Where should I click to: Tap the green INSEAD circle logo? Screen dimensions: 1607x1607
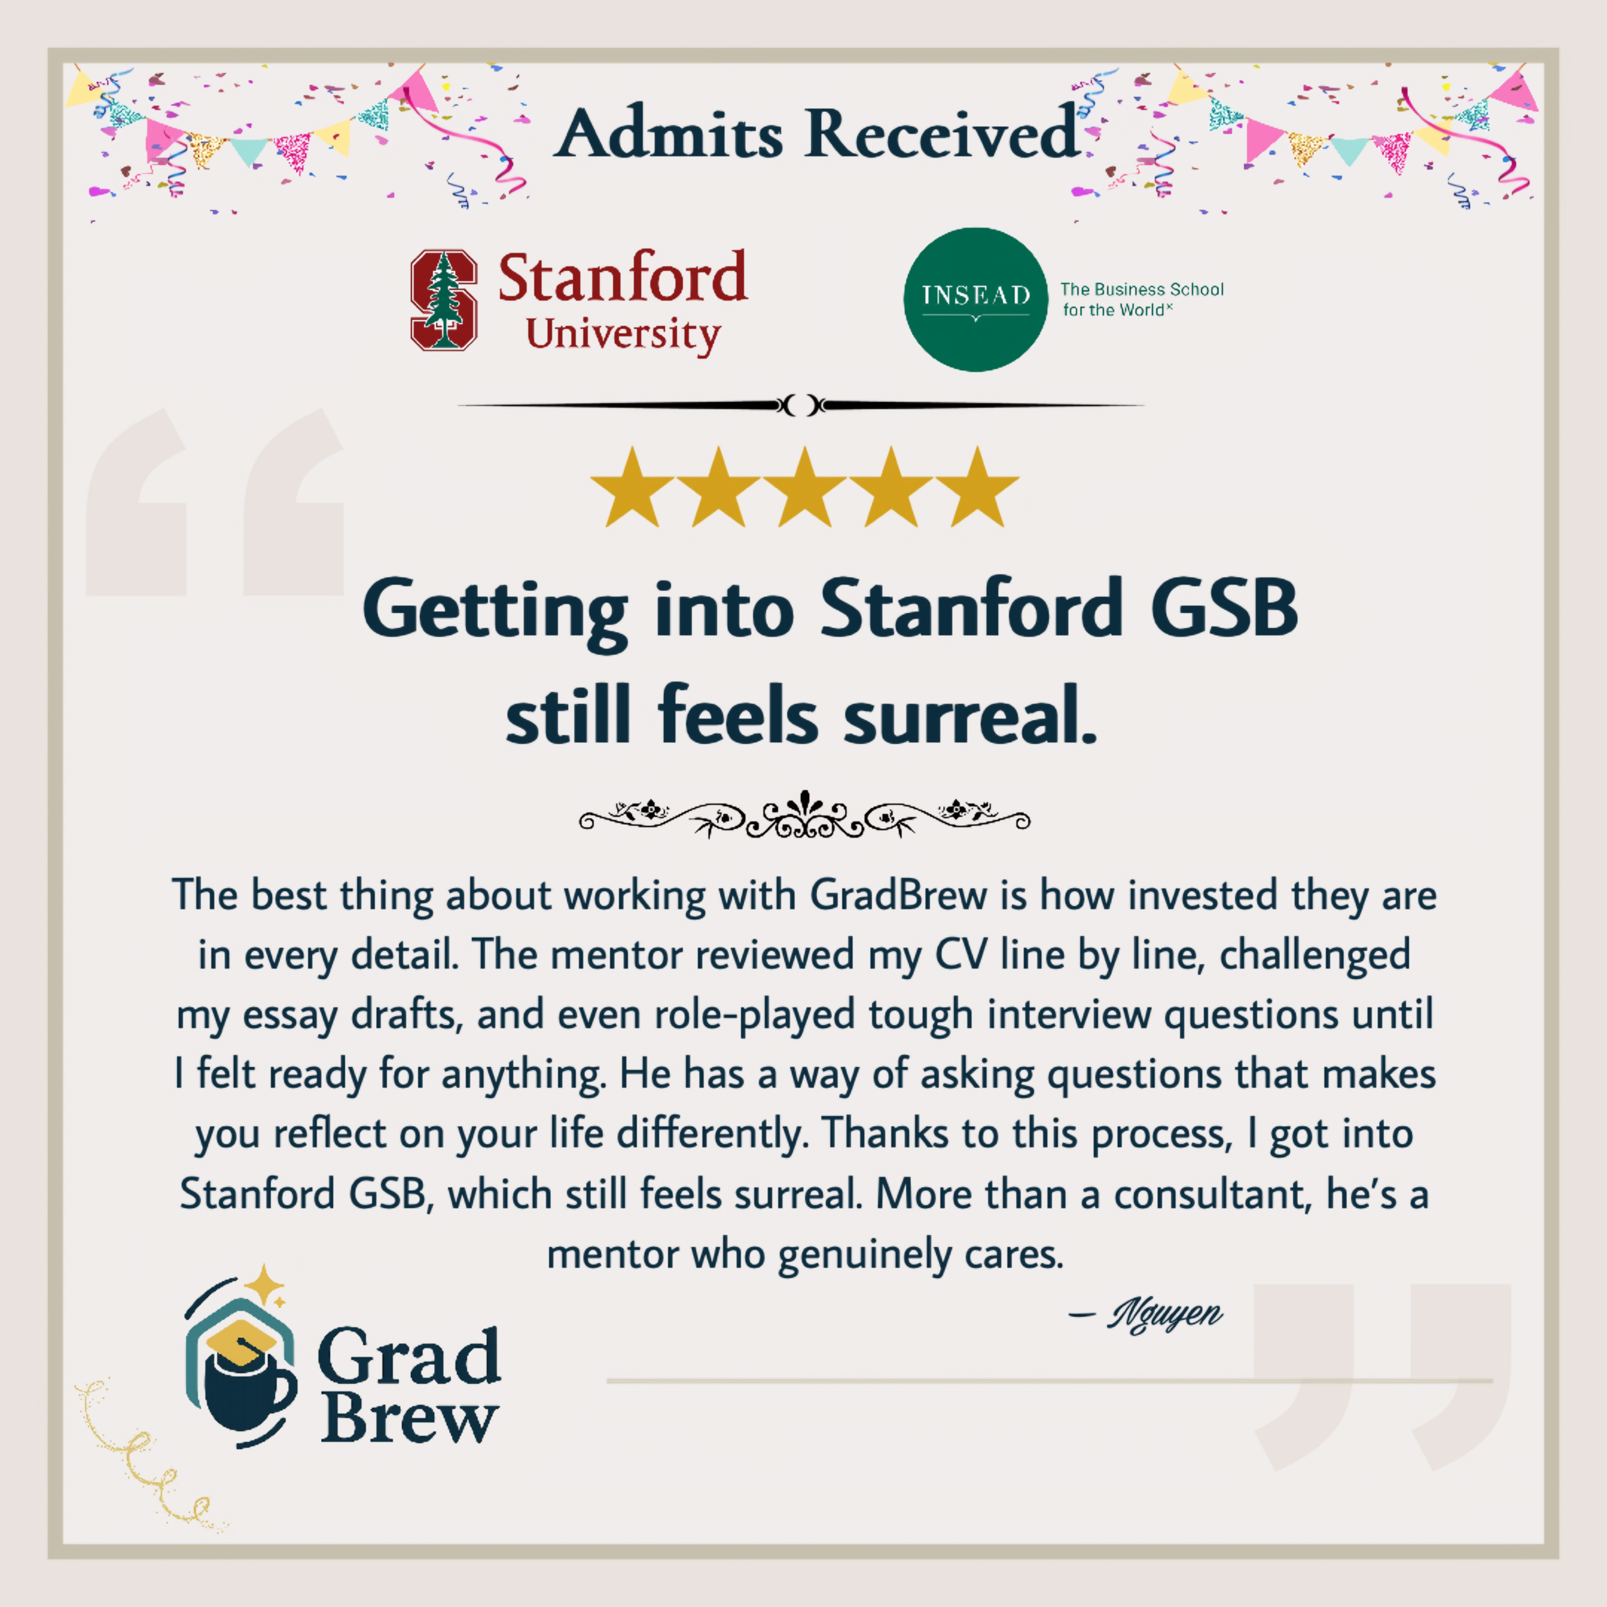pyautogui.click(x=976, y=299)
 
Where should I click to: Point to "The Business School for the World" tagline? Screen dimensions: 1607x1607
pyautogui.click(x=1141, y=299)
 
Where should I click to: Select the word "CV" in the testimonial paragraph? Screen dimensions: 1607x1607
pyautogui.click(x=961, y=955)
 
